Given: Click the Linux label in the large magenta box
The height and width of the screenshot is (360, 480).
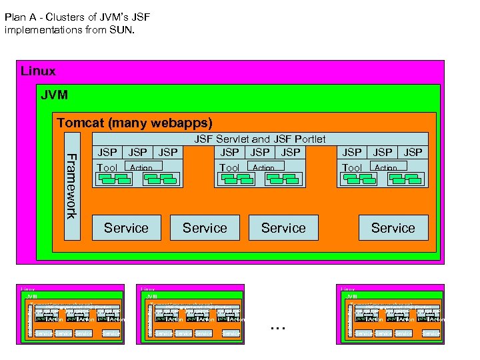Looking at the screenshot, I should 38,71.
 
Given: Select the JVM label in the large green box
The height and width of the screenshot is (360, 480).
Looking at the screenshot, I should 54,95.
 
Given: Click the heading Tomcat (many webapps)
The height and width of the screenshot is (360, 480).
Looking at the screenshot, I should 135,123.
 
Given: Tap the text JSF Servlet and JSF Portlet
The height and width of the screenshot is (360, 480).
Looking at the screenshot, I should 259,139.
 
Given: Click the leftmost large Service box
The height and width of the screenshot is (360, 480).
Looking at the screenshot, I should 126,228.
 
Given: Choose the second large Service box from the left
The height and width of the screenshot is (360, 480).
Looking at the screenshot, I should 205,228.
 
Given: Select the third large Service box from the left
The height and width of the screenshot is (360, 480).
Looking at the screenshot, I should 283,228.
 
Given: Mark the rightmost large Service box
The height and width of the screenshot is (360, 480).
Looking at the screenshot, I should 393,228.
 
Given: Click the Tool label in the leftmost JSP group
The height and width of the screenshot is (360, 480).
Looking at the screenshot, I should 107,168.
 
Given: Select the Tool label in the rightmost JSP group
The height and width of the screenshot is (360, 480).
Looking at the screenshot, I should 352,168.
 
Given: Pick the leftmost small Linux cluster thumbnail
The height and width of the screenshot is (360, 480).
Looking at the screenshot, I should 70,314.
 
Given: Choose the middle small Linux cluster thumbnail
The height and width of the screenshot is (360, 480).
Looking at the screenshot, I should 191,314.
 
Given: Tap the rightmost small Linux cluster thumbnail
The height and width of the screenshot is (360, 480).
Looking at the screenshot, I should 391,314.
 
